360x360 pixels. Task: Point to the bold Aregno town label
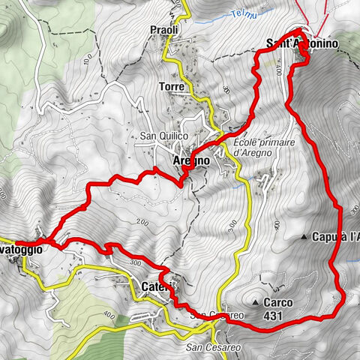pyautogui.click(x=169, y=160)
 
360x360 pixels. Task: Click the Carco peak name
pyautogui.click(x=278, y=303)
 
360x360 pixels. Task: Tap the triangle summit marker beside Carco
pyautogui.click(x=256, y=302)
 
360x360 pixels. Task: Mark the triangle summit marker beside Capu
pyautogui.click(x=304, y=237)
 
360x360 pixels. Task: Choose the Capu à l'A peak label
pyautogui.click(x=337, y=237)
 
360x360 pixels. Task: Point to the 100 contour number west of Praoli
pyautogui.click(x=87, y=61)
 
